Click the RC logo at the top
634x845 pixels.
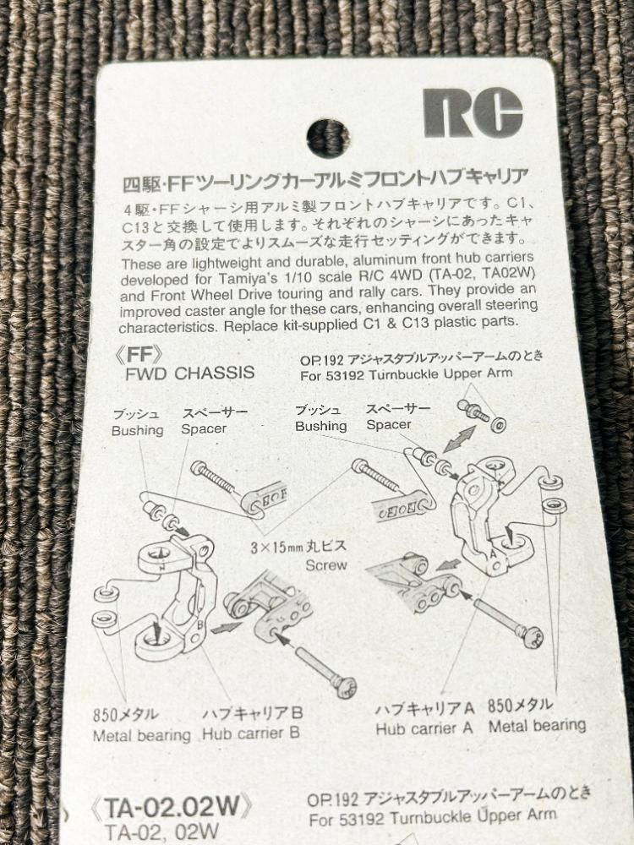point(473,112)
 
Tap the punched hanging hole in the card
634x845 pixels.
point(328,139)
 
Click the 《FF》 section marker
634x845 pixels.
point(139,355)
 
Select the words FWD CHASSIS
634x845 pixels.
point(189,373)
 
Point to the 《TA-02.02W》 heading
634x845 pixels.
point(172,809)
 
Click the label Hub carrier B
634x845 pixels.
point(251,733)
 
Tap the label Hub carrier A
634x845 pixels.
point(424,728)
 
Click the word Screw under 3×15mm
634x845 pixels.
point(326,565)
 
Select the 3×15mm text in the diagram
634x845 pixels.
point(276,548)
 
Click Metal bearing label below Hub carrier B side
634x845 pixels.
point(142,736)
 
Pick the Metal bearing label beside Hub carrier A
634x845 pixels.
point(537,725)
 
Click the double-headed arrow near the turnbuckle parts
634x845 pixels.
point(459,439)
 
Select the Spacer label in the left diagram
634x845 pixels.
point(204,429)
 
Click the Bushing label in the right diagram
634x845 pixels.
point(320,426)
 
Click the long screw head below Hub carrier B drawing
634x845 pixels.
point(344,687)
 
